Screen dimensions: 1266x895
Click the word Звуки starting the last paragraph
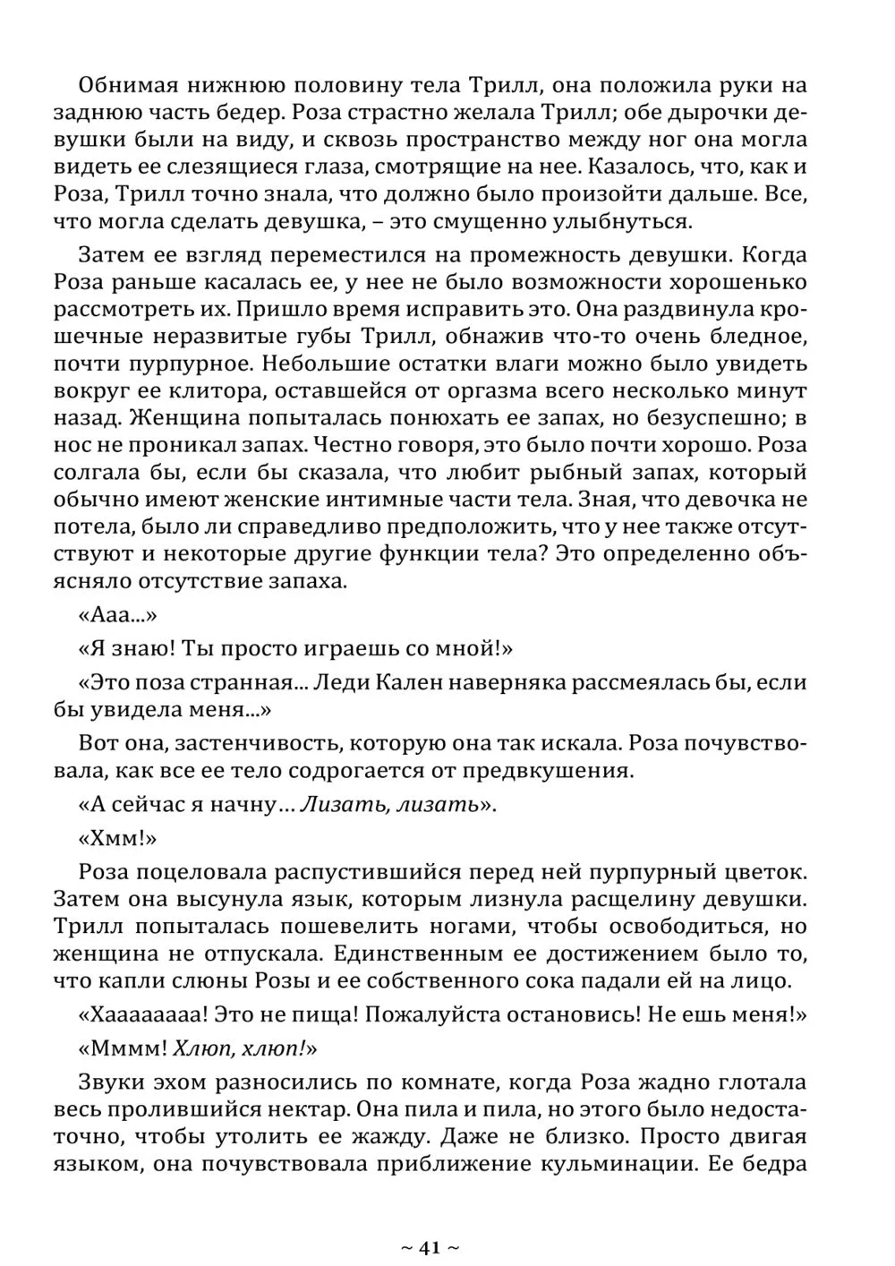[111, 1082]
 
